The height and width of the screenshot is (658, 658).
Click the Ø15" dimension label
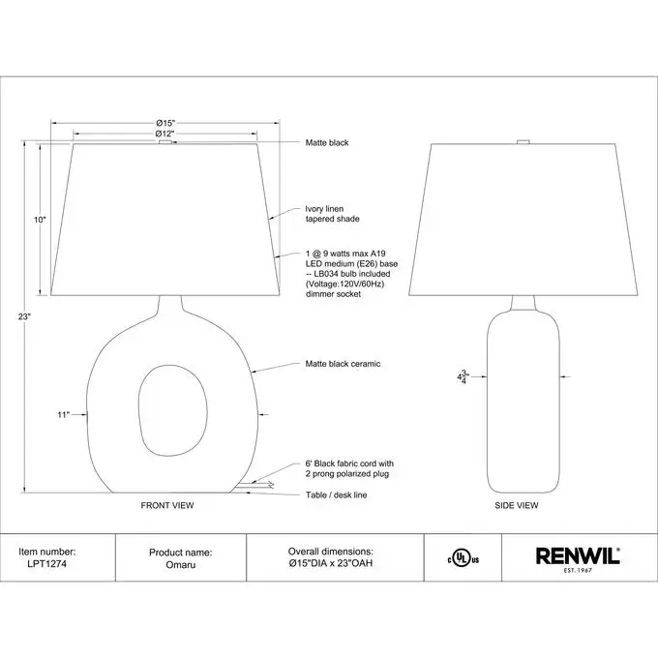[x=165, y=123]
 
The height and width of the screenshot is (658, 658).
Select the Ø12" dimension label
[x=164, y=134]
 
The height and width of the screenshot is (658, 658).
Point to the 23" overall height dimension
[x=24, y=316]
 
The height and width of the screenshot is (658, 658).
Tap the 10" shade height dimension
[x=40, y=220]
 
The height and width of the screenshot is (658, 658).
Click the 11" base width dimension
[x=63, y=414]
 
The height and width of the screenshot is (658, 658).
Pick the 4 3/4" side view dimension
[x=463, y=376]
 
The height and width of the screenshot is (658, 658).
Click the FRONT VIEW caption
[x=167, y=505]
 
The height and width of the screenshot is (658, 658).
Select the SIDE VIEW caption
[x=516, y=505]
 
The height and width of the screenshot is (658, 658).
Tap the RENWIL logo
[x=578, y=559]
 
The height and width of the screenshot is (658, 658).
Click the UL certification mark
[x=463, y=558]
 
